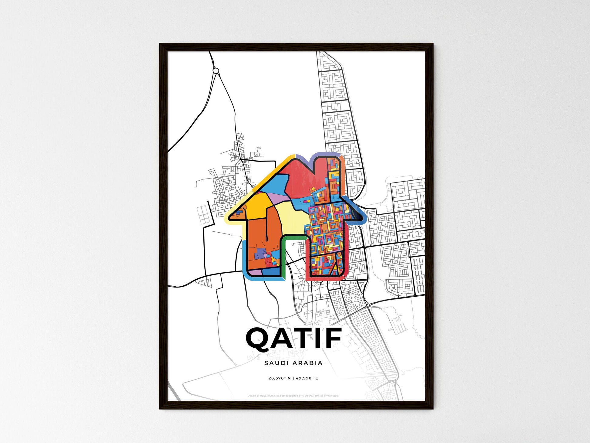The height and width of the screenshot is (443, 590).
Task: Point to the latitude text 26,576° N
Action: pyautogui.click(x=279, y=378)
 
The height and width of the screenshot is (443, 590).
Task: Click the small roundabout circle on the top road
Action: pyautogui.click(x=216, y=71)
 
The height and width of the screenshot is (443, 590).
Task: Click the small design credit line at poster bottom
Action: pyautogui.click(x=293, y=396)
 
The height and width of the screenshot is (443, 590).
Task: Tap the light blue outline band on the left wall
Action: pyautogui.click(x=245, y=258)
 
